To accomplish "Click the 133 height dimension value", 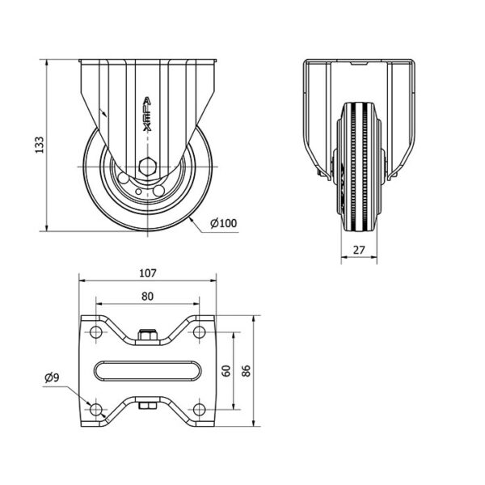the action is (x=40, y=145).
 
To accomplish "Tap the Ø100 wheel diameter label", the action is (x=224, y=223).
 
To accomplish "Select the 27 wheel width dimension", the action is (x=359, y=250).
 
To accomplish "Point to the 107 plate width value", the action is (x=148, y=273).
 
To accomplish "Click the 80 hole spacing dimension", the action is (x=147, y=297).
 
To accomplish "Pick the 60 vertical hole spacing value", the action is (x=226, y=371).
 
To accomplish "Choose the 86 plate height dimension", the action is (x=246, y=371).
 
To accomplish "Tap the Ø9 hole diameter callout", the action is (x=52, y=377).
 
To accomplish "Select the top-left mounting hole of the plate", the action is (x=96, y=332).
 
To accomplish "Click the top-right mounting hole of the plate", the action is (x=199, y=332).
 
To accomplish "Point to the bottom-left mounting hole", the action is (x=96, y=410).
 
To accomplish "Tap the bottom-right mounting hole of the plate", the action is (x=199, y=410).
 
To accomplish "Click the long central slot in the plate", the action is (x=148, y=371).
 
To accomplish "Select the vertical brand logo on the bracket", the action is (x=147, y=114).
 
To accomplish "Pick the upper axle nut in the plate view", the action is (x=148, y=335).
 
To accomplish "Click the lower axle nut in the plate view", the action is (x=148, y=406).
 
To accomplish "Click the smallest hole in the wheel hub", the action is (x=138, y=192).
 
